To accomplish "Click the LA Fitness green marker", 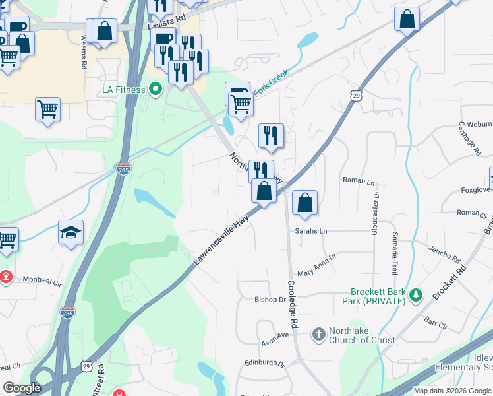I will click(x=156, y=88).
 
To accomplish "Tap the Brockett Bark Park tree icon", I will click(x=415, y=294).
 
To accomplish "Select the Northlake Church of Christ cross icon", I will click(x=318, y=335).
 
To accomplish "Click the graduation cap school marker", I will click(x=71, y=232).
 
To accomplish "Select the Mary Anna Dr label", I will click(x=317, y=265).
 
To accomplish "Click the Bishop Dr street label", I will click(x=270, y=299).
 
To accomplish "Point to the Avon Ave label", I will click(x=275, y=335).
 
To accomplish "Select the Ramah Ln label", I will click(x=359, y=180).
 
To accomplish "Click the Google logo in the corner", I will click(x=22, y=388).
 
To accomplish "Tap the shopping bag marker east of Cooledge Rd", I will click(x=304, y=203).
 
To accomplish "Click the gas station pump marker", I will click(x=237, y=92).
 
